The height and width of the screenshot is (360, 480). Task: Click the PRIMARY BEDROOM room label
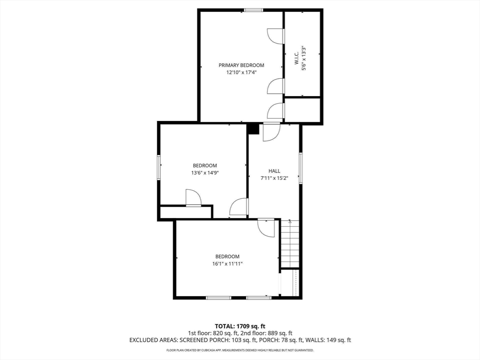[x=241, y=65]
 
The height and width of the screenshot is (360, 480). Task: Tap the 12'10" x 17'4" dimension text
[x=241, y=73]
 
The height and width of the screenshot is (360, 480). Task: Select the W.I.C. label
[x=297, y=58]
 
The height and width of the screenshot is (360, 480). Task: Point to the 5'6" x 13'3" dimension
[x=304, y=59]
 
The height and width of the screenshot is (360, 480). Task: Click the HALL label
[x=274, y=171]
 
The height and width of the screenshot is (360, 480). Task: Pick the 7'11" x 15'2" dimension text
[x=274, y=178]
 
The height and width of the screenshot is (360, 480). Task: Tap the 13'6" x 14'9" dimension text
[x=205, y=172]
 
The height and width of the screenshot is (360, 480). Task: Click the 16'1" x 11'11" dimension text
[x=227, y=263]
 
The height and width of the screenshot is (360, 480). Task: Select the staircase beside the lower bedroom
[x=290, y=244]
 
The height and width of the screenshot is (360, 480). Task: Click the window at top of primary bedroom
[x=254, y=10]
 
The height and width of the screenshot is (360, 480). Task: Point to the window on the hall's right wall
[x=300, y=168]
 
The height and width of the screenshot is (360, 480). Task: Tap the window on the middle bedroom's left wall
[x=159, y=167]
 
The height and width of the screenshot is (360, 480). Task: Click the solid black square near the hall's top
[x=253, y=129]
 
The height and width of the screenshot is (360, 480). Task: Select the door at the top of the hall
[x=272, y=132]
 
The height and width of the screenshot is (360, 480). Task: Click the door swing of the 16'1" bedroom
[x=266, y=227]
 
